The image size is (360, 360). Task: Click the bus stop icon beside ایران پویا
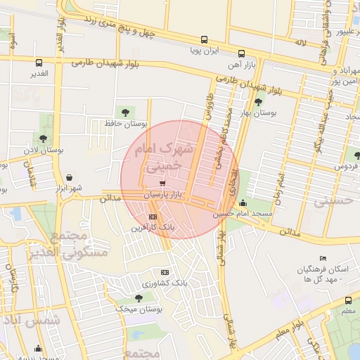pos(204,40)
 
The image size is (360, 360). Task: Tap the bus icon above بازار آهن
pos(241,53)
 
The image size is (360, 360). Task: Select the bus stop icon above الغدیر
pos(38,63)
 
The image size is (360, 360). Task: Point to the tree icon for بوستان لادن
pos(44,139)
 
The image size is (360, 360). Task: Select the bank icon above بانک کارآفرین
pos(153,217)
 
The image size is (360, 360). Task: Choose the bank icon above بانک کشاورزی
pos(165,272)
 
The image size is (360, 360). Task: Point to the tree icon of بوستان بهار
pos(258,102)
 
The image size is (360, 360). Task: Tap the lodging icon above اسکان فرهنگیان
pos(323,259)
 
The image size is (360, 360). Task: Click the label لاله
pos(300,43)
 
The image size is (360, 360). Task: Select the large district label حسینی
pos(330,202)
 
